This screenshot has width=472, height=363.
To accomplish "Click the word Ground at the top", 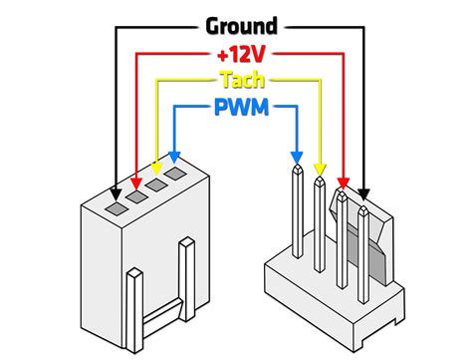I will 241,26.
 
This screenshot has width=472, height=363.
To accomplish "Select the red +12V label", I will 241,53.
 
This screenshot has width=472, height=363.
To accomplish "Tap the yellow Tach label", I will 240,80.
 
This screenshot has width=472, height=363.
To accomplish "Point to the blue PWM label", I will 240,106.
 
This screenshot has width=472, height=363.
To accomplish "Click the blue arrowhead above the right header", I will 296,157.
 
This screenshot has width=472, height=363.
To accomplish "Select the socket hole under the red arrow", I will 137,197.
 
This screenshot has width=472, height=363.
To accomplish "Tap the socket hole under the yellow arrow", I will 156,187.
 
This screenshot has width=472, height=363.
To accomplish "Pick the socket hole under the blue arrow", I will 175,178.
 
